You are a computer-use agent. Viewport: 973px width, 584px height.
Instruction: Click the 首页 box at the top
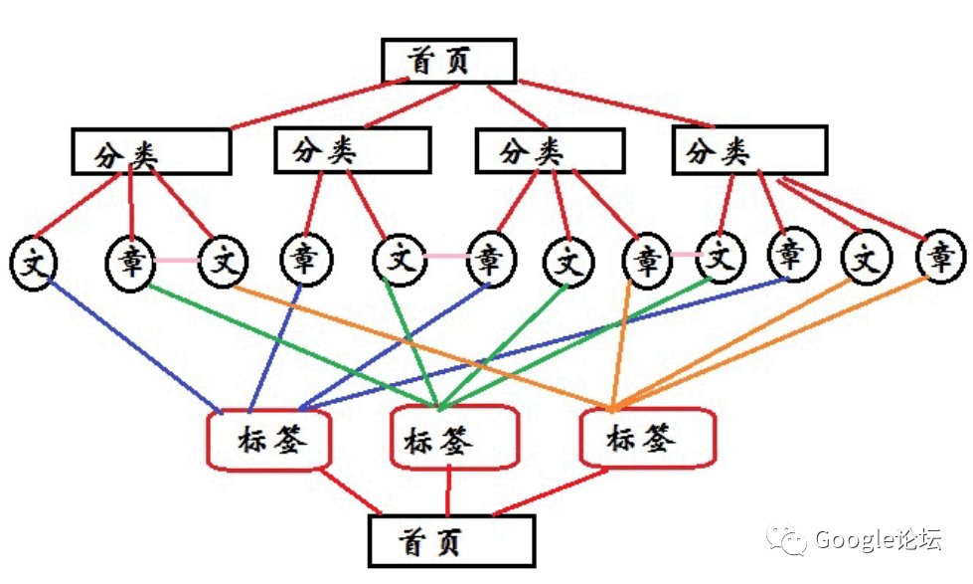[x=449, y=61]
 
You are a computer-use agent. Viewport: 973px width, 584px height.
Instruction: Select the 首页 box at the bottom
[x=451, y=541]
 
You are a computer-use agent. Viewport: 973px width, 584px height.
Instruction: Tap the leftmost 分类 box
[x=151, y=152]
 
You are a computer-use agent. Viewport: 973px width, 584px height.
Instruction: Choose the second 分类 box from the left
[x=352, y=150]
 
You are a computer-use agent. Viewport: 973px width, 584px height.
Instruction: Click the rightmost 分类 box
[x=749, y=150]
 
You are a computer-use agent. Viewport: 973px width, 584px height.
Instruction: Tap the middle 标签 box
[x=455, y=439]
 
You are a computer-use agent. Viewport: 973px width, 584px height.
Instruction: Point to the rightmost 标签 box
[x=647, y=437]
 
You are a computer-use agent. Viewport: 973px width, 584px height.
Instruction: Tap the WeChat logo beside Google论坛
[x=792, y=540]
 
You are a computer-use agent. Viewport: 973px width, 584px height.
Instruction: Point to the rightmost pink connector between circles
[x=686, y=256]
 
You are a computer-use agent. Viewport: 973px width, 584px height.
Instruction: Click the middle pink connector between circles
[x=446, y=257]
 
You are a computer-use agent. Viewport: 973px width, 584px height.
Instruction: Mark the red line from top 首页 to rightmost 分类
[x=616, y=103]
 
